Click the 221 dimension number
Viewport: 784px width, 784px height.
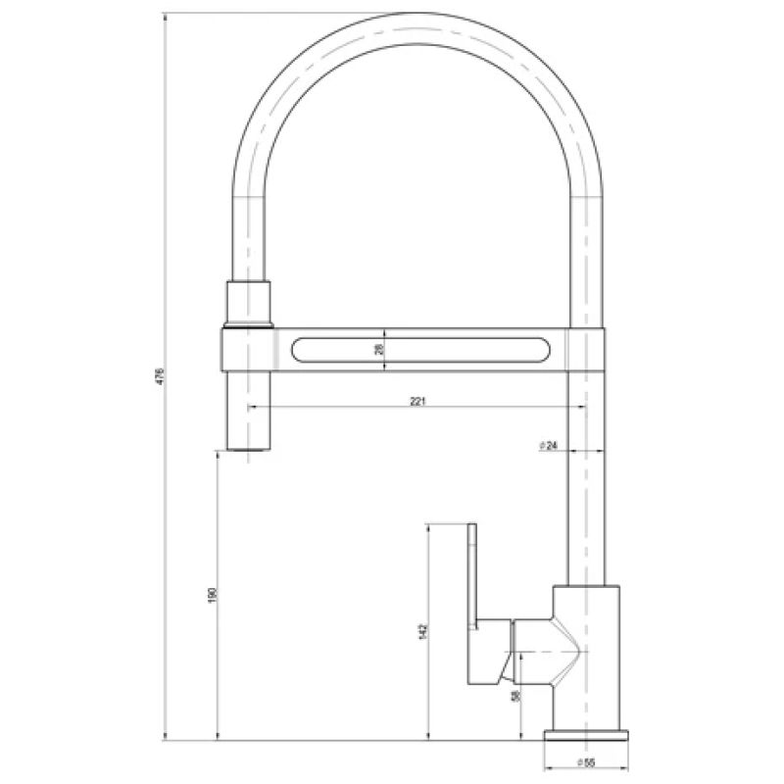point(417,400)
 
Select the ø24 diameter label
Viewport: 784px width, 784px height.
point(548,446)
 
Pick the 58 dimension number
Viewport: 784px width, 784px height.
point(514,696)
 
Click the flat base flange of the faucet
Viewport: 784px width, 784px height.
point(586,735)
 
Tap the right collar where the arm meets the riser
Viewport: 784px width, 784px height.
point(586,350)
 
